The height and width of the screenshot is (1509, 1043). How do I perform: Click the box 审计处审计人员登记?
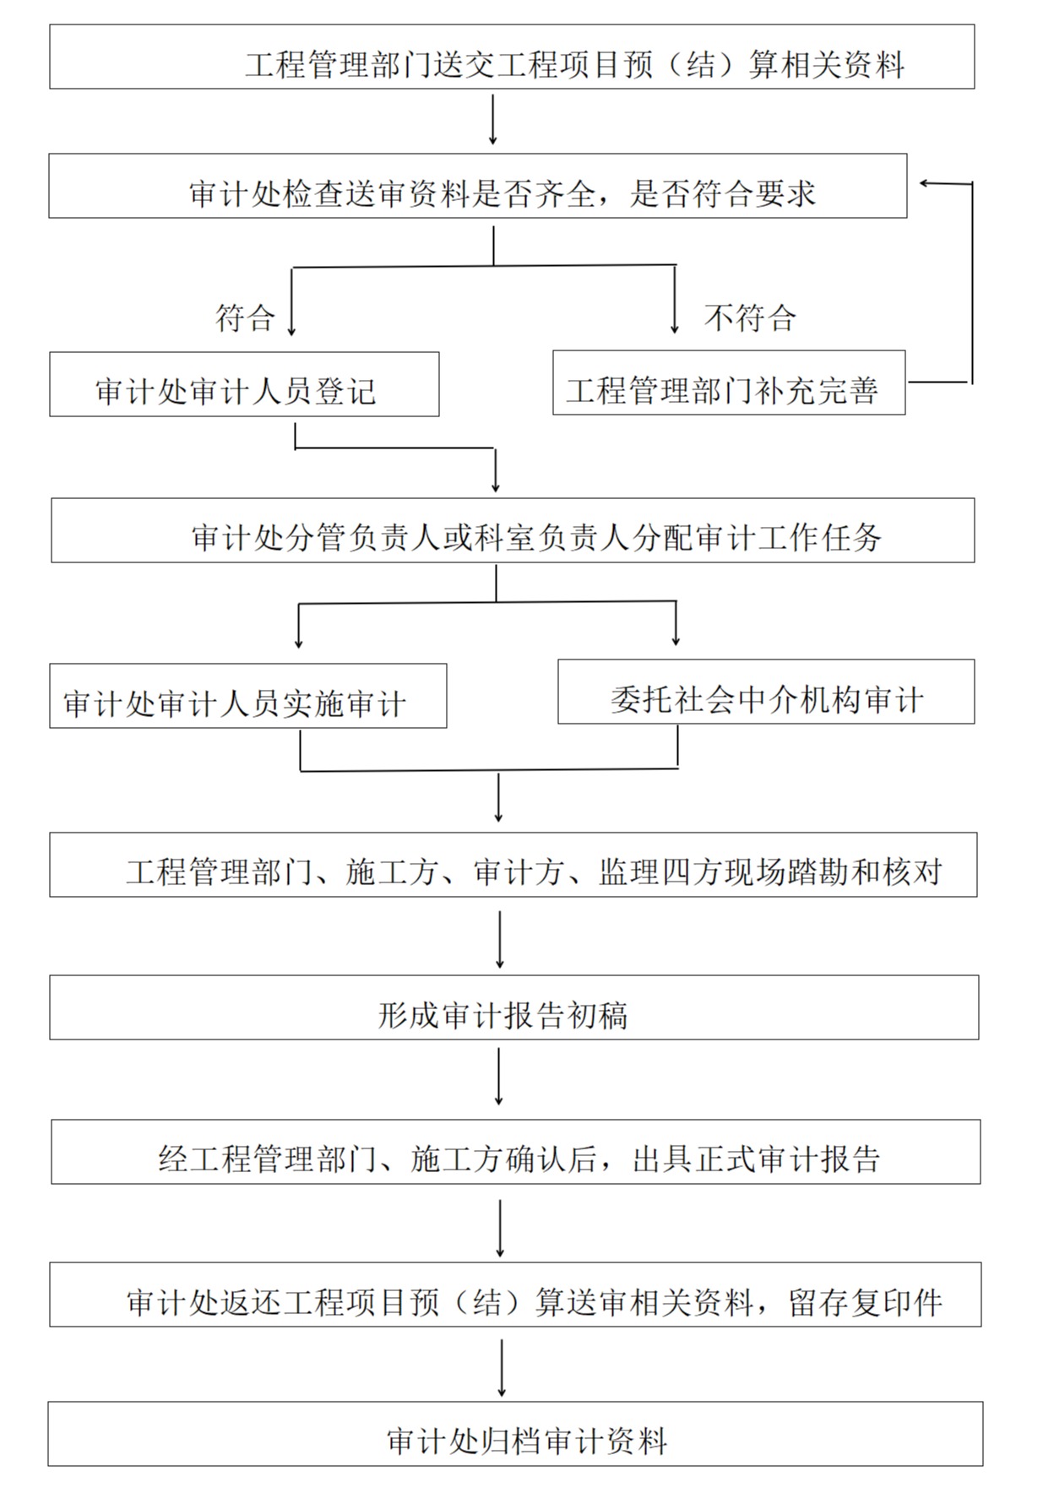(x=244, y=384)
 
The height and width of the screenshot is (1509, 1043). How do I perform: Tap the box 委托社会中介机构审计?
(x=765, y=692)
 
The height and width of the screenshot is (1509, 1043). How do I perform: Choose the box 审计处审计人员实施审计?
(x=247, y=696)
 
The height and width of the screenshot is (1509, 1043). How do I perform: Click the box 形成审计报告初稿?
(x=513, y=1007)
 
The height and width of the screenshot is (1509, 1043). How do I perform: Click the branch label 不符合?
(x=750, y=318)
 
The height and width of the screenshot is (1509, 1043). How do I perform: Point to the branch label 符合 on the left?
(x=245, y=318)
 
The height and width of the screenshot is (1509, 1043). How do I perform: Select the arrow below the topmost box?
(x=493, y=121)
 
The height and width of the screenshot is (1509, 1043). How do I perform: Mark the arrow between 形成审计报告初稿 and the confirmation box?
(x=499, y=1077)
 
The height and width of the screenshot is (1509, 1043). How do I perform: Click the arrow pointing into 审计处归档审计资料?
(x=502, y=1367)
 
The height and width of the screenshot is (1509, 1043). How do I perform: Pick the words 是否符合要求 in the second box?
(x=723, y=194)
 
